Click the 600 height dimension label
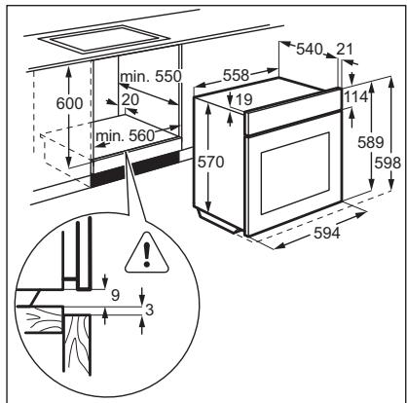pyautogui.click(x=69, y=103)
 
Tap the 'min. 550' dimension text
pyautogui.click(x=151, y=76)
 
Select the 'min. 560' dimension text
pyautogui.click(x=125, y=135)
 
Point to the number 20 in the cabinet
pyautogui.click(x=130, y=99)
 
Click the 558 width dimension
pyautogui.click(x=236, y=75)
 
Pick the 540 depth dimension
pyautogui.click(x=310, y=50)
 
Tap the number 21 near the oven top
pyautogui.click(x=345, y=50)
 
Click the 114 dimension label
pyautogui.click(x=356, y=97)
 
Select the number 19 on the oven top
pyautogui.click(x=243, y=99)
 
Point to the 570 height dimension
pyautogui.click(x=211, y=162)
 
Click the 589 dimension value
pyautogui.click(x=371, y=142)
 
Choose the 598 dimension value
pyautogui.click(x=388, y=163)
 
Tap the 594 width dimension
pyautogui.click(x=327, y=233)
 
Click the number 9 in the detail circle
pyautogui.click(x=115, y=295)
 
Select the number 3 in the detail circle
pyautogui.click(x=149, y=311)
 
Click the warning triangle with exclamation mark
pyautogui.click(x=147, y=253)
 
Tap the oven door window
pyautogui.click(x=295, y=173)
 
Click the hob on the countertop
pyautogui.click(x=104, y=39)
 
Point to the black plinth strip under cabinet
pyautogui.click(x=134, y=169)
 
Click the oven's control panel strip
pyautogui.click(x=293, y=122)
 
